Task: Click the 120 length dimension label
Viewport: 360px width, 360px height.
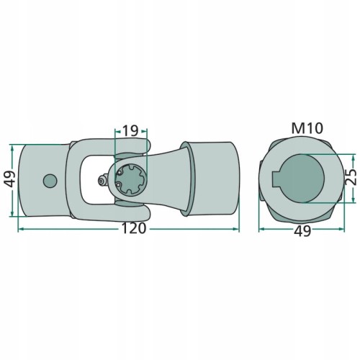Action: click(134, 228)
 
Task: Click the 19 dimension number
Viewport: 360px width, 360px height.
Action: click(130, 131)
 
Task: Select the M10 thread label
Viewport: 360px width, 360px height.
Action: click(307, 128)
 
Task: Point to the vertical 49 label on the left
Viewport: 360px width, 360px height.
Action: click(10, 179)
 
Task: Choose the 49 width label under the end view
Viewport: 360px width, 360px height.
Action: click(302, 231)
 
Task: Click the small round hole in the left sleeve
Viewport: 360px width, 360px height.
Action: click(50, 181)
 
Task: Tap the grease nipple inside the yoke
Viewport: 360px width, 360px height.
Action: click(103, 180)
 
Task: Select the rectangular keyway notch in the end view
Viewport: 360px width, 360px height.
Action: click(276, 179)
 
